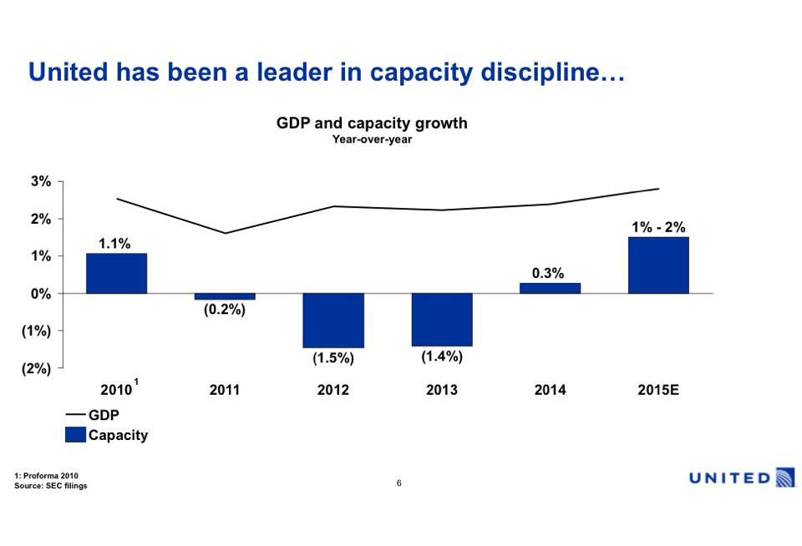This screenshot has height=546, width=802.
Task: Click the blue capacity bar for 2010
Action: (116, 273)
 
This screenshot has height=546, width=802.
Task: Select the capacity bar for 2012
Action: (333, 320)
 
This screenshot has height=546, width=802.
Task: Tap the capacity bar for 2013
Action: (442, 319)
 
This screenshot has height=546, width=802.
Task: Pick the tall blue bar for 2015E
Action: (658, 265)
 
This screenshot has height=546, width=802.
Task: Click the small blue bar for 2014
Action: (550, 288)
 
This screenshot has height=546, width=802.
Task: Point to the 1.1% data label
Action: (114, 244)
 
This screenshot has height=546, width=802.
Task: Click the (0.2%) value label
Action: (225, 309)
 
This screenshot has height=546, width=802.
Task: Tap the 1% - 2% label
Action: (658, 227)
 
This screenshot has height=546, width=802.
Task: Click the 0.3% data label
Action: (548, 273)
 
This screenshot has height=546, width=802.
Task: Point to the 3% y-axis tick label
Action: (41, 181)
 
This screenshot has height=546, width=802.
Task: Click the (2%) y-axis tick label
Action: (36, 368)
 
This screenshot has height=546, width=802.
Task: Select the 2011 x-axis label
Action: (225, 390)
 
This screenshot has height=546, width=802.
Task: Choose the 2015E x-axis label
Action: (658, 390)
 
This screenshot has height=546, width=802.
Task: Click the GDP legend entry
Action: (93, 415)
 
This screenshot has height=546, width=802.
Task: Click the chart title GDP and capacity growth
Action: (372, 124)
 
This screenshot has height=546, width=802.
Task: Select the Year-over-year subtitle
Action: (372, 139)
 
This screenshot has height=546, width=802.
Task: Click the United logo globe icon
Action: (785, 478)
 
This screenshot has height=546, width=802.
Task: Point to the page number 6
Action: (399, 483)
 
